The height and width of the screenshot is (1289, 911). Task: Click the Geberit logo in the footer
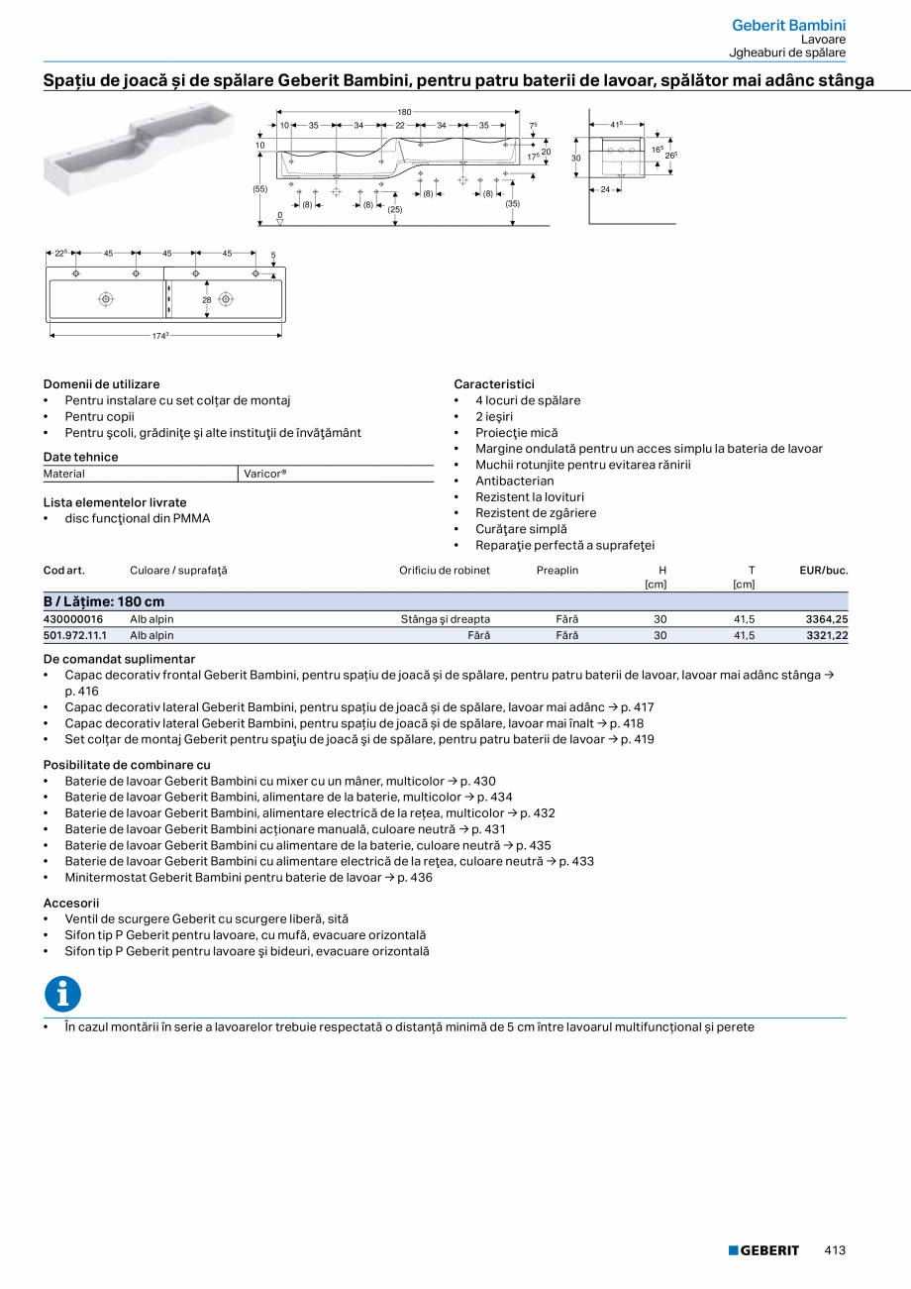click(x=763, y=1250)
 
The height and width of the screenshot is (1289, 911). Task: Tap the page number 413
click(x=835, y=1250)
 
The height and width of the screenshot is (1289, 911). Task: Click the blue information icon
click(x=62, y=994)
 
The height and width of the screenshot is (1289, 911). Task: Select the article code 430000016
click(x=73, y=619)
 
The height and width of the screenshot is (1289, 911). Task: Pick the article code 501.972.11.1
click(x=75, y=635)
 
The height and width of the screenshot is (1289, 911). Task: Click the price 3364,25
click(x=827, y=619)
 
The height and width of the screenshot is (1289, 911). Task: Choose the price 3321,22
click(x=827, y=635)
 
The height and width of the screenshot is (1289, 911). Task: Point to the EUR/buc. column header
click(x=824, y=571)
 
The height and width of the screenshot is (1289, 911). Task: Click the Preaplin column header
click(x=557, y=571)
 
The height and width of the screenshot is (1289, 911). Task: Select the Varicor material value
click(x=264, y=474)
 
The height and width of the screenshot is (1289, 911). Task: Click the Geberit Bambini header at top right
click(x=788, y=25)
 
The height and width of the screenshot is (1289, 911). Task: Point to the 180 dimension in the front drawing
click(x=404, y=112)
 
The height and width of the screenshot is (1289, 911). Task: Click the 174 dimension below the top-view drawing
click(x=159, y=337)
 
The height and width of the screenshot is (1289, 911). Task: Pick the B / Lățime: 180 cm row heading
click(x=104, y=601)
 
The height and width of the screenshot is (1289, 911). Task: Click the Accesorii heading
click(x=71, y=903)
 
